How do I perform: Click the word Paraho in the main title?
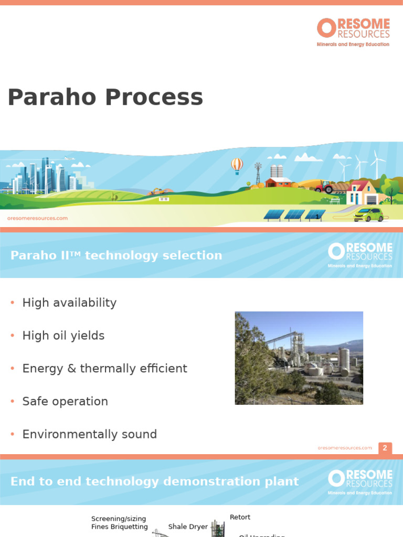coord(51,98)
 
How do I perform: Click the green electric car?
coord(368,214)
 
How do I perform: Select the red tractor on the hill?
coord(323,187)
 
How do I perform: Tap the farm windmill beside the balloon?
coord(258,173)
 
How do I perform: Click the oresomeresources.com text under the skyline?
coord(37,218)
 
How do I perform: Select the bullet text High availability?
coord(69,303)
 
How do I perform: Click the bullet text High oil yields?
coord(63,336)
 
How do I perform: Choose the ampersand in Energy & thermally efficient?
coord(72,369)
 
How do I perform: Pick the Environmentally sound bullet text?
coord(90,434)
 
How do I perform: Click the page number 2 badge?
coord(385,448)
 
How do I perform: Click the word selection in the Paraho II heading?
coord(192,255)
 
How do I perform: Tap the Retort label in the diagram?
coord(240,517)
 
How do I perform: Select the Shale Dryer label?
coord(188,527)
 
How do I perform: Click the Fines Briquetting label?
coord(120,527)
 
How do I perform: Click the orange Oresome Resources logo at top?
coord(353,32)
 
